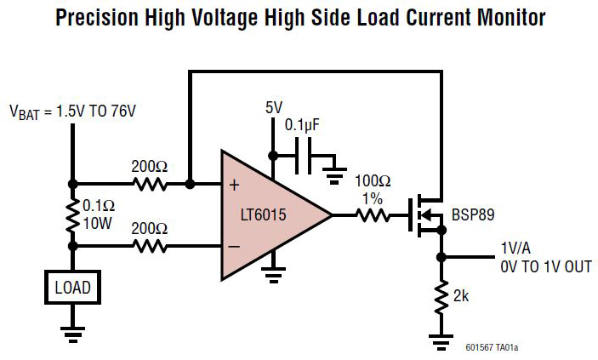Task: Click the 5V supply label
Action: click(273, 108)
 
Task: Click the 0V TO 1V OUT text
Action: click(544, 267)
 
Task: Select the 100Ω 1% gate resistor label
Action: click(373, 189)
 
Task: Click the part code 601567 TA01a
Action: click(492, 347)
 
